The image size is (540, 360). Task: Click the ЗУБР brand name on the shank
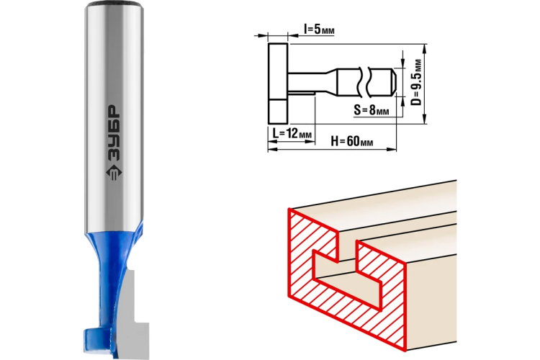pyautogui.click(x=113, y=132)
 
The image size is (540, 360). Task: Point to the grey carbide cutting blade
pyautogui.click(x=135, y=313)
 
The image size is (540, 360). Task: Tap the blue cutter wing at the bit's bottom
pyautogui.click(x=98, y=339)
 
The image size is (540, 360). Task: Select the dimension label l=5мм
pyautogui.click(x=319, y=30)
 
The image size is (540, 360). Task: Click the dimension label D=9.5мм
pyautogui.click(x=417, y=83)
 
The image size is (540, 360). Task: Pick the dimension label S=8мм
pyautogui.click(x=372, y=110)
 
